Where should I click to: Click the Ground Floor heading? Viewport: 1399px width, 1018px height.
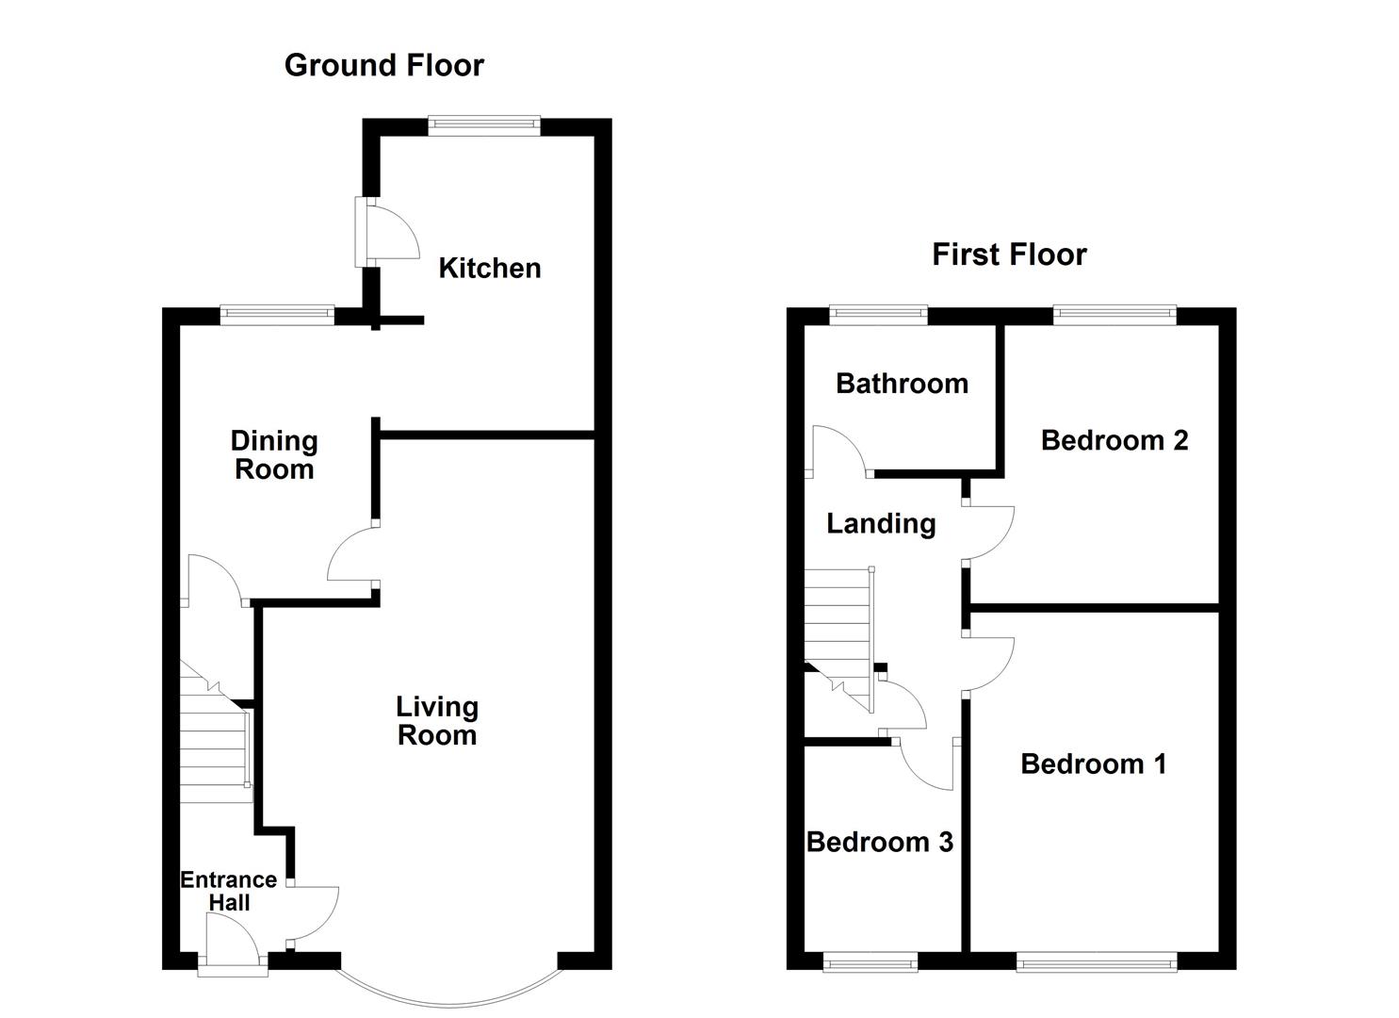383,65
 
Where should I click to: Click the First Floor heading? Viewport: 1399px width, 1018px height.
1009,254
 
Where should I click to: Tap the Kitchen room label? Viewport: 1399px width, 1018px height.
489,269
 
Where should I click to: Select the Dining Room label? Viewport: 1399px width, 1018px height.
274,454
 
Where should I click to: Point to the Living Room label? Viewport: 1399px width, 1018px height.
436,721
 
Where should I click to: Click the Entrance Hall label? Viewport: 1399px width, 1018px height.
229,891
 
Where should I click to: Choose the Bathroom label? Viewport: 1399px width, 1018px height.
902,384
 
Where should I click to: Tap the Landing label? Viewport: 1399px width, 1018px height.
881,523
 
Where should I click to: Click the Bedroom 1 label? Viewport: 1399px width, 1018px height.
1093,763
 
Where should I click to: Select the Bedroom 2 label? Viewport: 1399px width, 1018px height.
1114,440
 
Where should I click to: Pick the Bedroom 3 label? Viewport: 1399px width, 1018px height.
879,842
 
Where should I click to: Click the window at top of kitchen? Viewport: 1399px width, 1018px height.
483,125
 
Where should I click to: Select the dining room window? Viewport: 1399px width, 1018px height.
277,315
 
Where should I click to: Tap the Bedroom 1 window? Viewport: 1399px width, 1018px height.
1096,961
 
